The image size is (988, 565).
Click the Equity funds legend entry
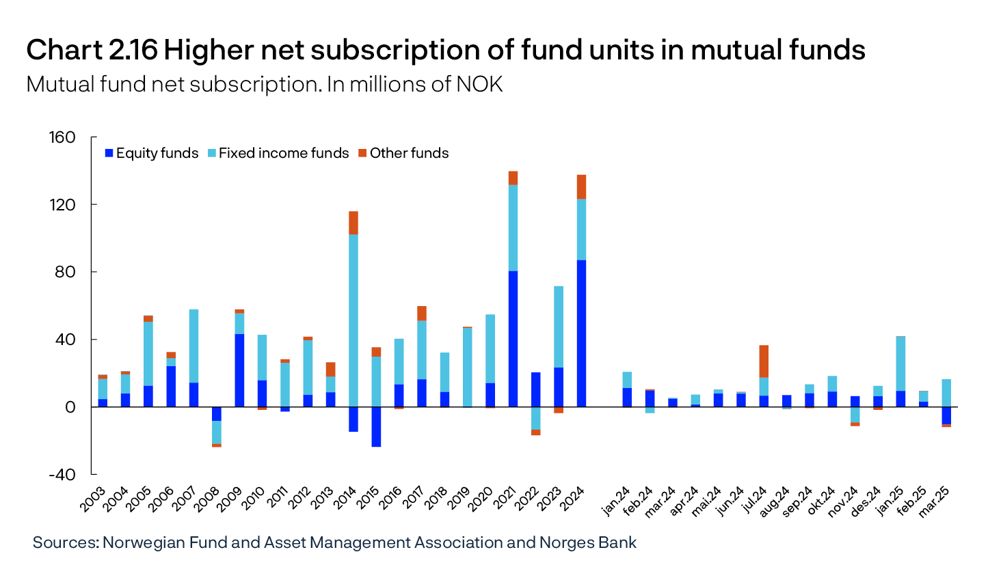click(x=151, y=153)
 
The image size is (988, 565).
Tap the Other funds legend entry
click(x=404, y=153)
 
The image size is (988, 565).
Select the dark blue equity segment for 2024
click(x=581, y=333)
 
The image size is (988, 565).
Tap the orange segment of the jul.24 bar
click(x=764, y=361)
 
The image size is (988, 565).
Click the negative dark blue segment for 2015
click(x=376, y=427)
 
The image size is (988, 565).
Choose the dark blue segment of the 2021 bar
click(x=513, y=339)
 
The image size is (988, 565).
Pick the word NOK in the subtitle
click(x=481, y=85)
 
